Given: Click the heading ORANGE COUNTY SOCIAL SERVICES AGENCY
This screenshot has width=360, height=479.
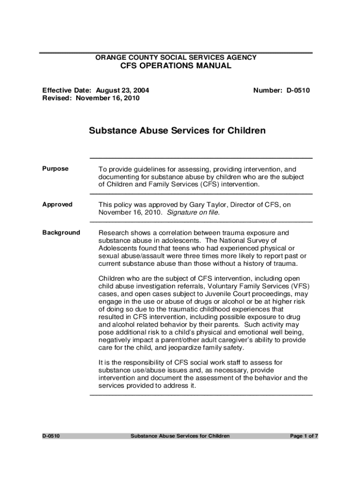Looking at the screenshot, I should (176, 58).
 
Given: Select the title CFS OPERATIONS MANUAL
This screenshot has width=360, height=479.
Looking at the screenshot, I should (176, 66).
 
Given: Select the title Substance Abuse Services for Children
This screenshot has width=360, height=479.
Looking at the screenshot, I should (177, 131).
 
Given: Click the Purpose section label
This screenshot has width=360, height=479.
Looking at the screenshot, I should (55, 169).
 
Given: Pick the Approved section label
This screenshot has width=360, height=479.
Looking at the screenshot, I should (58, 204).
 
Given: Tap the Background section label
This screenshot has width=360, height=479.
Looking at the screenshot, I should (61, 232).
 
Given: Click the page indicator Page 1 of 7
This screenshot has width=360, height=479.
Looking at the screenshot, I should (304, 436).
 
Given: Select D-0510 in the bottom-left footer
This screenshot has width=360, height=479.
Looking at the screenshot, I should (51, 436).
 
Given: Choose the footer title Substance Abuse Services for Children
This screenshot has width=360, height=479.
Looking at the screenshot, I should (180, 436).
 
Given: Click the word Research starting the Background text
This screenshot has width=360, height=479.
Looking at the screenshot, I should (113, 232).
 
